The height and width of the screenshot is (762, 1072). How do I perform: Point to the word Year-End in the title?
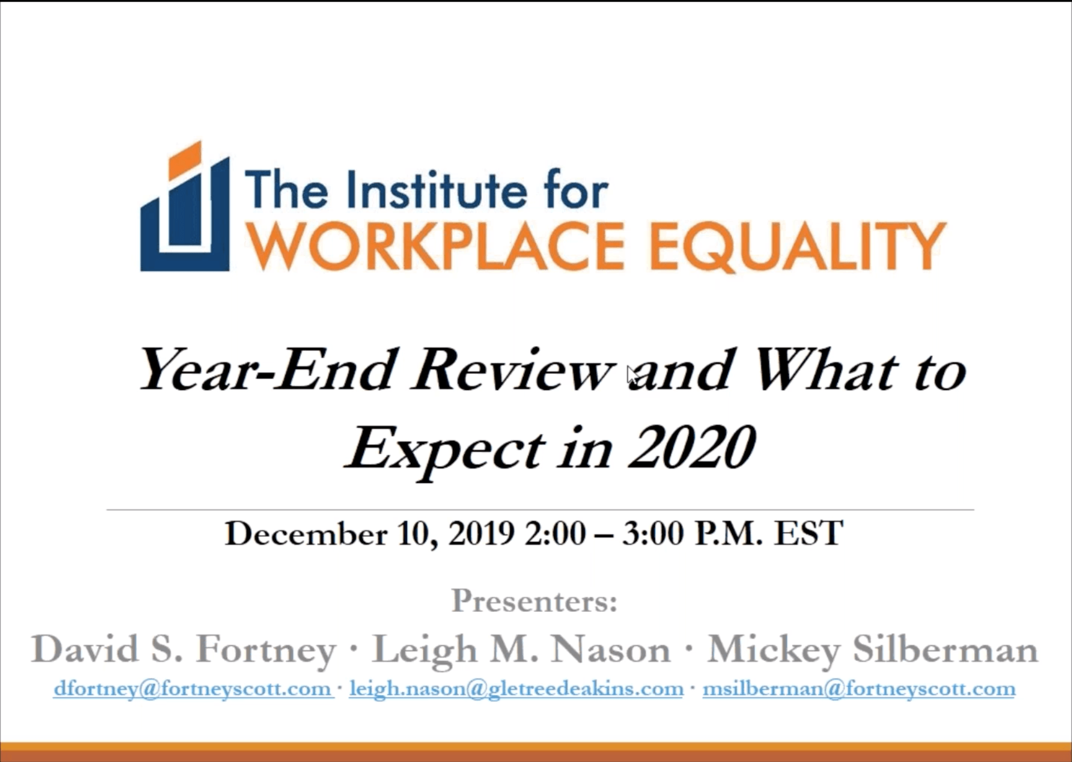[266, 370]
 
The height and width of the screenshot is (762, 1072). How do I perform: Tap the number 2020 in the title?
[693, 447]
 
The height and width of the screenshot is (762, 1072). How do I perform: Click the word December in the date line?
[306, 534]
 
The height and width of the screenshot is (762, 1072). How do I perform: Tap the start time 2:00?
[555, 534]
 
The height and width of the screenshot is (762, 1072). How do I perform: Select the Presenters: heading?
[534, 601]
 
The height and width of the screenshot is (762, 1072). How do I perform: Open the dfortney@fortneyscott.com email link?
[193, 688]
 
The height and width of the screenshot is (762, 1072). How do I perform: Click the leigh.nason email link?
[516, 688]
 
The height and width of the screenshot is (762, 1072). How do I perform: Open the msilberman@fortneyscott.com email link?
[859, 688]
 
